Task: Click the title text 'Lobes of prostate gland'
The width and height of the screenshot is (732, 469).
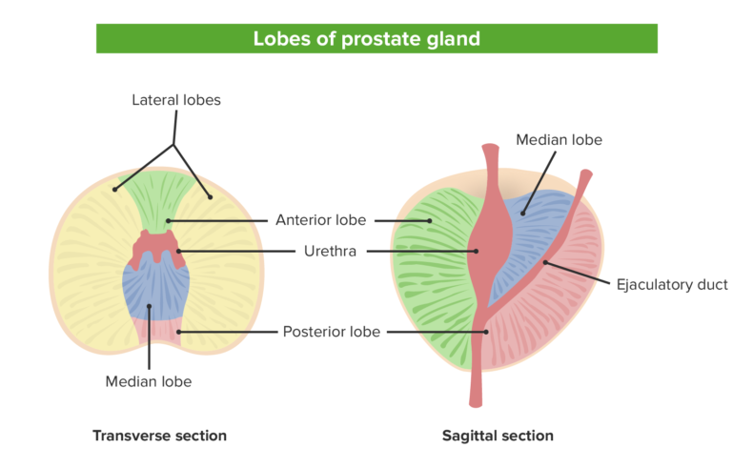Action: point(366,39)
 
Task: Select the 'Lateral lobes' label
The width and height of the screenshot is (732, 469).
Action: point(175,99)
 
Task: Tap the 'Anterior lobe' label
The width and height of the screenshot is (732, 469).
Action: point(320,220)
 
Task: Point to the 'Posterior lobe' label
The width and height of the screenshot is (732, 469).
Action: point(331,332)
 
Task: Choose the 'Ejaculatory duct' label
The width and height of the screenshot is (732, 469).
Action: point(672,284)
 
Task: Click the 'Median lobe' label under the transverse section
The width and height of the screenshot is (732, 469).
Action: point(149,381)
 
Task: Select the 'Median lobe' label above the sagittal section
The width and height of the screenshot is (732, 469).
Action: point(559,140)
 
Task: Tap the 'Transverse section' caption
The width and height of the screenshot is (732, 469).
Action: point(159,436)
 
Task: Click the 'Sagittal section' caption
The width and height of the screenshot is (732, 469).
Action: point(498,436)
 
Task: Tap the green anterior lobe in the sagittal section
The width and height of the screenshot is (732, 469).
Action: point(434,257)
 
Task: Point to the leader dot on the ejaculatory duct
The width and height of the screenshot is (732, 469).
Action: point(544,261)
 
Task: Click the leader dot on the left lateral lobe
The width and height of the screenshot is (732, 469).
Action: point(114,189)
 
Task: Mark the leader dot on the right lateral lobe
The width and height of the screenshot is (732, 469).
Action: point(211,197)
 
